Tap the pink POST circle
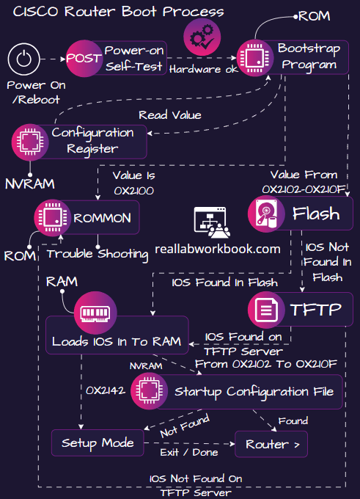click(x=84, y=58)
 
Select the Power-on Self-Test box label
click(x=134, y=58)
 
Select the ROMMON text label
click(x=102, y=217)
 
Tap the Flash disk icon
click(x=266, y=214)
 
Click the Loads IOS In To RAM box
click(x=117, y=342)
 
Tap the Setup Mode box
click(x=98, y=442)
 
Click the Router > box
click(x=271, y=444)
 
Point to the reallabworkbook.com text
click(x=218, y=249)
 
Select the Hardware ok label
click(x=203, y=70)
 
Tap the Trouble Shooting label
click(x=98, y=254)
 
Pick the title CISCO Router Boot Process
click(x=119, y=12)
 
